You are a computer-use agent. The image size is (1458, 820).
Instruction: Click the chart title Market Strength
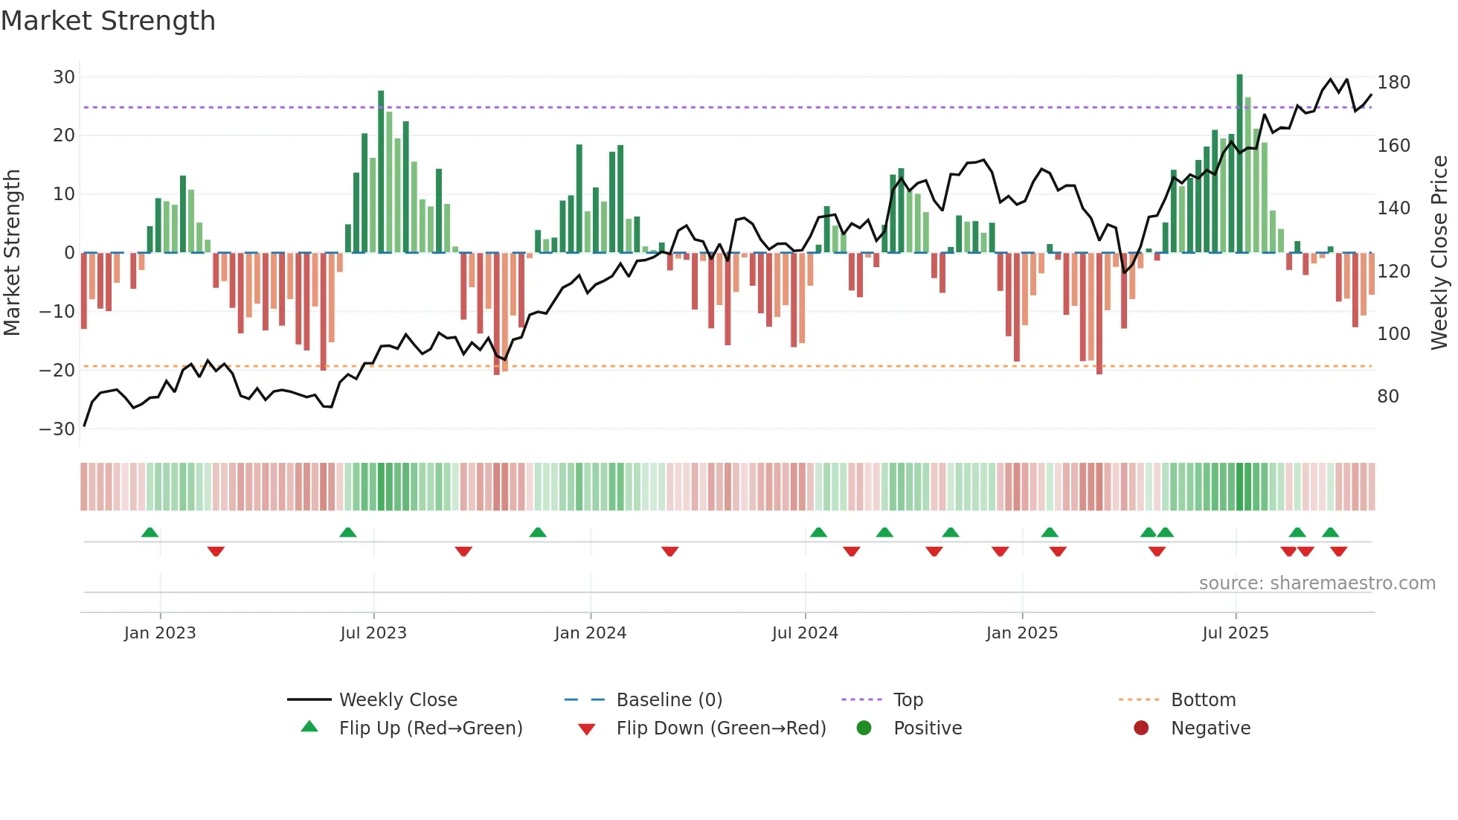coord(108,21)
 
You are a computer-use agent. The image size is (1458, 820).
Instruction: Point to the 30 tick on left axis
coord(64,77)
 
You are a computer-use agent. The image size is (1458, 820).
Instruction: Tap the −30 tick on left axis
coord(57,429)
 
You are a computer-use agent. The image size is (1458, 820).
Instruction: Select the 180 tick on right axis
coord(1393,83)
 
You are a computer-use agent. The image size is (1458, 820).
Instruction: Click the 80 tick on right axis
coord(1388,397)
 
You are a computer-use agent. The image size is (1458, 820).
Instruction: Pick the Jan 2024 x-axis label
coord(590,633)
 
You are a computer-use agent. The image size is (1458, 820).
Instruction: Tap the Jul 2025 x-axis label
coord(1235,633)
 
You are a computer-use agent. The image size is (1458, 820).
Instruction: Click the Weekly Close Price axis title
coord(1439,253)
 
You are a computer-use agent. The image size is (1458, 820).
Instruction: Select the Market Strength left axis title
coord(13,253)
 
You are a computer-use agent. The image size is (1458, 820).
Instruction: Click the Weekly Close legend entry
coord(397,700)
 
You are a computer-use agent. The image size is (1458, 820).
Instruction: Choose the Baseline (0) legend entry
coord(669,700)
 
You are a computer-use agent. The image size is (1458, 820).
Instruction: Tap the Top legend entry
coord(908,700)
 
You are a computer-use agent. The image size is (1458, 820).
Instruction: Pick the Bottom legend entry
coord(1203,700)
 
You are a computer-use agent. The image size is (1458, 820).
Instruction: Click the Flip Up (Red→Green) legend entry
coord(430,728)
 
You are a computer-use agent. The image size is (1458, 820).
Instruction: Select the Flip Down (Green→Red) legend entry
coord(720,728)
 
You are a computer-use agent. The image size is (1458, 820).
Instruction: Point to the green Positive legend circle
coord(864,728)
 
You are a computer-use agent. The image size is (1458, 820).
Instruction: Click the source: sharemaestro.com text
coord(1317,583)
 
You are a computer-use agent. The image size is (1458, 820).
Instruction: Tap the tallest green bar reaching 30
coord(1239,164)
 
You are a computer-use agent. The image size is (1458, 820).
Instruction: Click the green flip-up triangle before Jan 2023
coord(150,533)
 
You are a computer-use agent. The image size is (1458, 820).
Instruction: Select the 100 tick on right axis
coord(1393,334)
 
